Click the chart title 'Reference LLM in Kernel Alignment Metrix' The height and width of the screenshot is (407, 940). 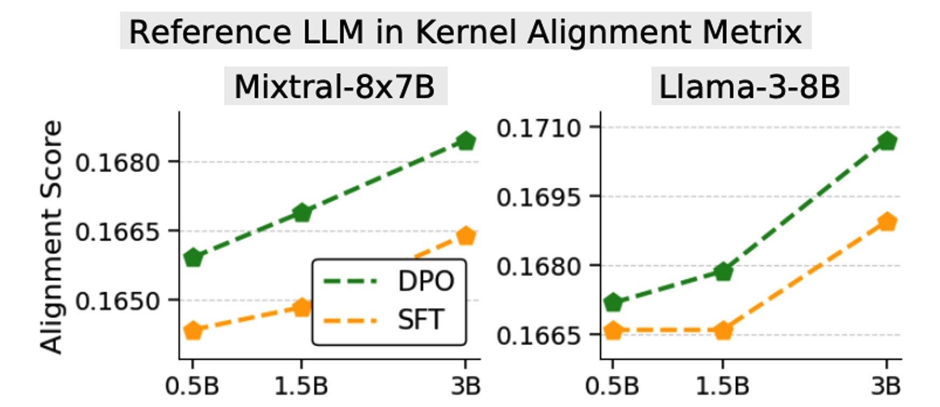pyautogui.click(x=465, y=32)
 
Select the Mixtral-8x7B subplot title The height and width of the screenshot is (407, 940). pyautogui.click(x=334, y=86)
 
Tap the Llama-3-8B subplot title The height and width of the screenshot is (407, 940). pyautogui.click(x=749, y=86)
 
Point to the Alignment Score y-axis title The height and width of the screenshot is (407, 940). pyautogui.click(x=52, y=237)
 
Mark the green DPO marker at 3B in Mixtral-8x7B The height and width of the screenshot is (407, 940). pyautogui.click(x=465, y=141)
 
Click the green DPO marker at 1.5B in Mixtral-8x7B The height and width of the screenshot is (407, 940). pyautogui.click(x=302, y=213)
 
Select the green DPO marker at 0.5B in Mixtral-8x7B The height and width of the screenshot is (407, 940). pyautogui.click(x=193, y=258)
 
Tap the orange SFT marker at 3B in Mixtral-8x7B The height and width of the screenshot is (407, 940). pyautogui.click(x=465, y=236)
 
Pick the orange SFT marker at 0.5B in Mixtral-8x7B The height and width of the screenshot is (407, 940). pyautogui.click(x=193, y=331)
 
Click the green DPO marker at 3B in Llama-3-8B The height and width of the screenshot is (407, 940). pyautogui.click(x=887, y=141)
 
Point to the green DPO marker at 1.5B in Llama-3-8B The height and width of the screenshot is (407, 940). pyautogui.click(x=723, y=272)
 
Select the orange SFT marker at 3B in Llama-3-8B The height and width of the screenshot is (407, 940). pyautogui.click(x=887, y=222)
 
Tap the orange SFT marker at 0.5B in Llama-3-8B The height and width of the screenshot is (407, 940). pyautogui.click(x=613, y=331)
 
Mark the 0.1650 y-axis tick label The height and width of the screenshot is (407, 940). pyautogui.click(x=118, y=301)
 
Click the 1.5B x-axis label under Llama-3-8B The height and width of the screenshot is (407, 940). pyautogui.click(x=722, y=386)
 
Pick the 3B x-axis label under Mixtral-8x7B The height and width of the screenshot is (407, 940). pyautogui.click(x=465, y=386)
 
